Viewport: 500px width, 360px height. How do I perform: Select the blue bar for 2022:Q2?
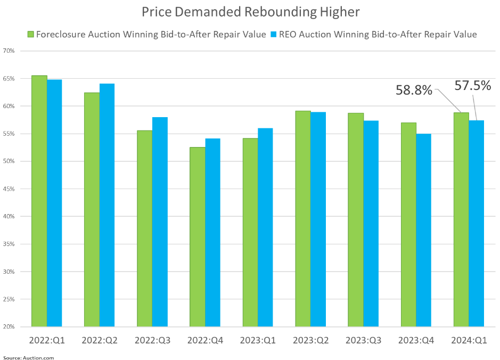[x=107, y=205]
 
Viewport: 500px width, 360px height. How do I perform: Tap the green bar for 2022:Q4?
[x=198, y=236]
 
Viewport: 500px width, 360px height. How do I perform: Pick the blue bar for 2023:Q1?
[x=265, y=227]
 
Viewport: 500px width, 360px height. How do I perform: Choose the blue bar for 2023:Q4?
[x=423, y=230]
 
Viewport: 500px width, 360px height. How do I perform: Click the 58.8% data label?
[x=414, y=90]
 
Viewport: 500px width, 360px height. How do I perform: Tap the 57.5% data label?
[x=472, y=85]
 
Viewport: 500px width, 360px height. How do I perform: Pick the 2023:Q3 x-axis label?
[x=363, y=340]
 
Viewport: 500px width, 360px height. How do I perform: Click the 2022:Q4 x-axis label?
[x=205, y=340]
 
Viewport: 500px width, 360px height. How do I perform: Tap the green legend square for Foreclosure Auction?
[x=31, y=35]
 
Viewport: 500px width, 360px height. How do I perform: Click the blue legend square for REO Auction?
[x=273, y=35]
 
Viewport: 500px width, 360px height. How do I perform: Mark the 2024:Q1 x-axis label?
[x=469, y=340]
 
